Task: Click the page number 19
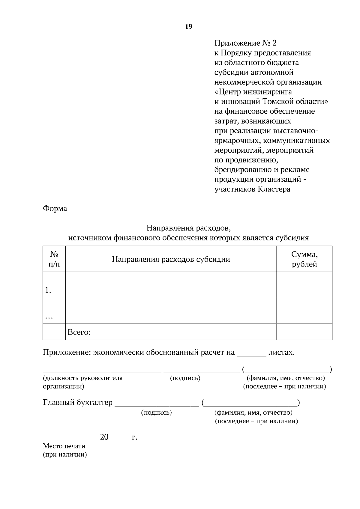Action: [x=188, y=27]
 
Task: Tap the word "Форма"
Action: [x=55, y=209]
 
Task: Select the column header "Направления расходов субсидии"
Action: [x=171, y=259]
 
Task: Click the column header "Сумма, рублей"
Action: [x=304, y=259]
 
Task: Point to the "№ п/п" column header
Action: [x=54, y=259]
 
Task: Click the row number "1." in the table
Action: [x=48, y=290]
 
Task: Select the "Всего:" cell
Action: [x=79, y=332]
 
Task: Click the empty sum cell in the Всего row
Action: [x=304, y=332]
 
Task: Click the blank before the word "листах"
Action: [x=251, y=354]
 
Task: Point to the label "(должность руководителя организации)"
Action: [x=82, y=382]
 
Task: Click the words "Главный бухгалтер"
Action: [x=78, y=402]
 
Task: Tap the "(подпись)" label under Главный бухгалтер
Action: [x=156, y=412]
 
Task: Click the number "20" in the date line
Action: [x=104, y=437]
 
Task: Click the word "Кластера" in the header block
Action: [x=274, y=189]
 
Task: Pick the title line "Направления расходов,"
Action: [x=188, y=228]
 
